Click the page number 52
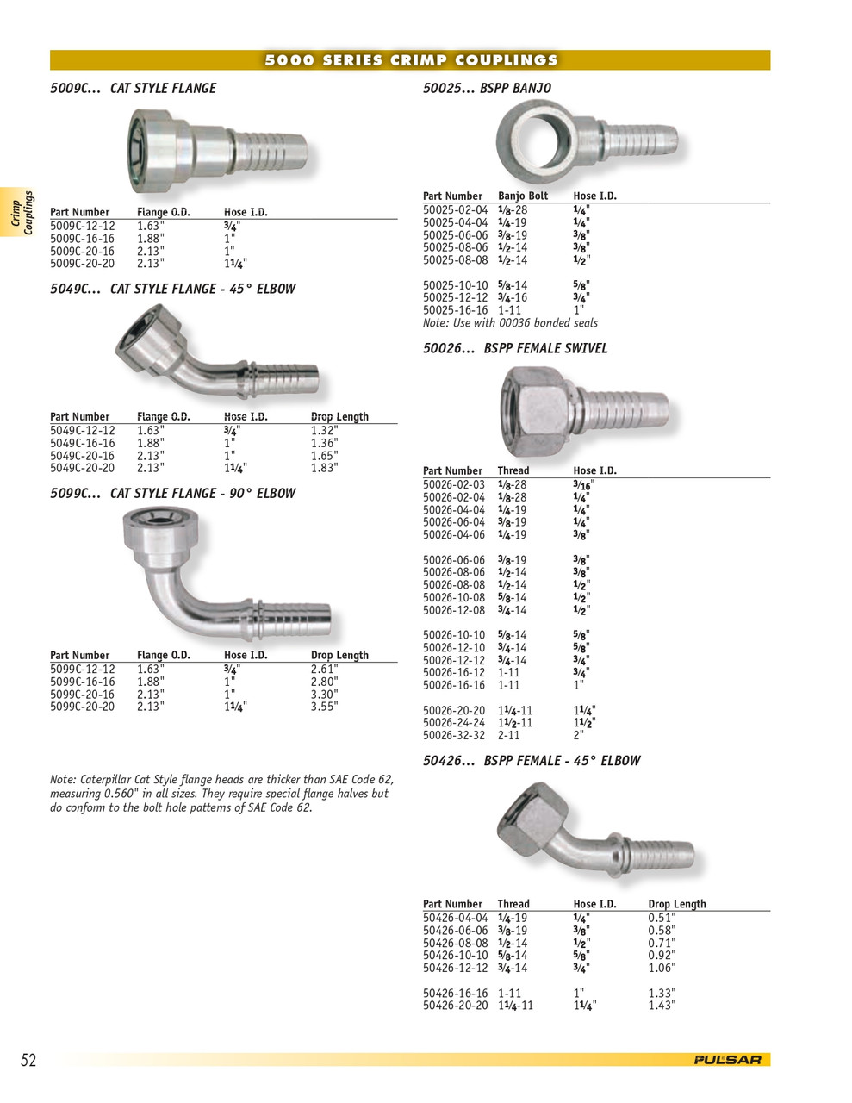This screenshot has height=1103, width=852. click(x=28, y=1060)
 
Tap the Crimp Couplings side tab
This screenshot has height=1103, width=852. click(x=22, y=213)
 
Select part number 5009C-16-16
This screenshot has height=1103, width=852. click(x=82, y=239)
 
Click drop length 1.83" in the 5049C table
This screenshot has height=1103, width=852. click(x=325, y=468)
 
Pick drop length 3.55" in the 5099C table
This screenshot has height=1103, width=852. click(x=325, y=707)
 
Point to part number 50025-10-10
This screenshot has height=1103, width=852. click(x=455, y=285)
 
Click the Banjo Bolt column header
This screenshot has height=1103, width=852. click(x=523, y=196)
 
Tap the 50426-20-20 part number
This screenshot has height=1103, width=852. click(x=455, y=1006)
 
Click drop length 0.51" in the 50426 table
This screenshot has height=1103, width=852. click(x=662, y=918)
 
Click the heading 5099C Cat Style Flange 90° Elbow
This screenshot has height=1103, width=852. click(x=172, y=494)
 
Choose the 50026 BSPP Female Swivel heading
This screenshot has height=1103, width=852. click(x=515, y=348)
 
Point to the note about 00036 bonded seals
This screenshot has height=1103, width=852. click(x=510, y=323)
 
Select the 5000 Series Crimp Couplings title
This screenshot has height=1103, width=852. click(x=411, y=60)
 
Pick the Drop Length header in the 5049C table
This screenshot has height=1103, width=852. click(x=339, y=416)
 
